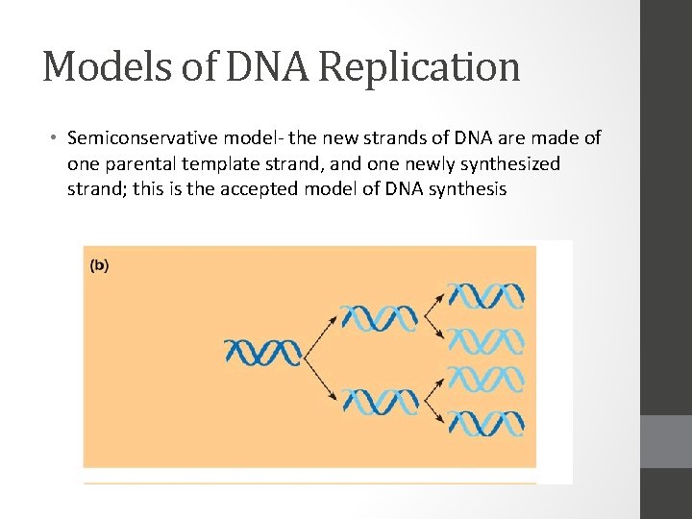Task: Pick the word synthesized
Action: point(511,163)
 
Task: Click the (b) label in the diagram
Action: point(99,266)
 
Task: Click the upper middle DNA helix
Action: point(381,317)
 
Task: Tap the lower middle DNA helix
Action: point(381,400)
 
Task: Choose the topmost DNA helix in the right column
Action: point(486,295)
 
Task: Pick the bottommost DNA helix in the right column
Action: point(486,423)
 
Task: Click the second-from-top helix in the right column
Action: point(486,339)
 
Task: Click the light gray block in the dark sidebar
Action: point(666,441)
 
